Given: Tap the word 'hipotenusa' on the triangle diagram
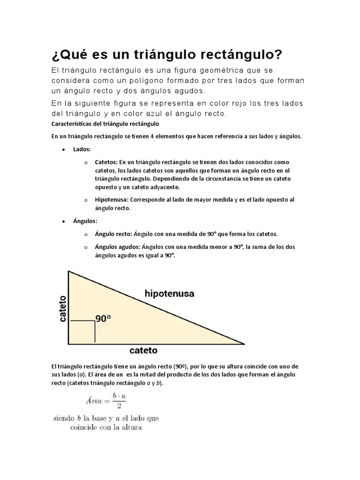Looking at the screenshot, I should [x=169, y=294].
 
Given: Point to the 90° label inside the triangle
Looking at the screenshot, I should [x=103, y=319].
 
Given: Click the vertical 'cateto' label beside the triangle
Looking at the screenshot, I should [x=62, y=308].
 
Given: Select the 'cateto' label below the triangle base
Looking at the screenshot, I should [x=143, y=351].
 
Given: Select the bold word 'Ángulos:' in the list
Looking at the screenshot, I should [x=85, y=220].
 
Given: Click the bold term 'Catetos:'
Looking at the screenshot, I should [x=106, y=162].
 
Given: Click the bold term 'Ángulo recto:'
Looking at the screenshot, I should [x=113, y=233].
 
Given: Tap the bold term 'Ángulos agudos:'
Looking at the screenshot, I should [x=117, y=247].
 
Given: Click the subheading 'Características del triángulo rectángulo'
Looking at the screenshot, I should [x=105, y=124].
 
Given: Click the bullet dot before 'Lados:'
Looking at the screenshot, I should [x=63, y=150].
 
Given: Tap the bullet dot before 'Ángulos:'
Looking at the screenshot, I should [x=63, y=221].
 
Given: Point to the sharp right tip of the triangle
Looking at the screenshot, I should [x=244, y=344].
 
